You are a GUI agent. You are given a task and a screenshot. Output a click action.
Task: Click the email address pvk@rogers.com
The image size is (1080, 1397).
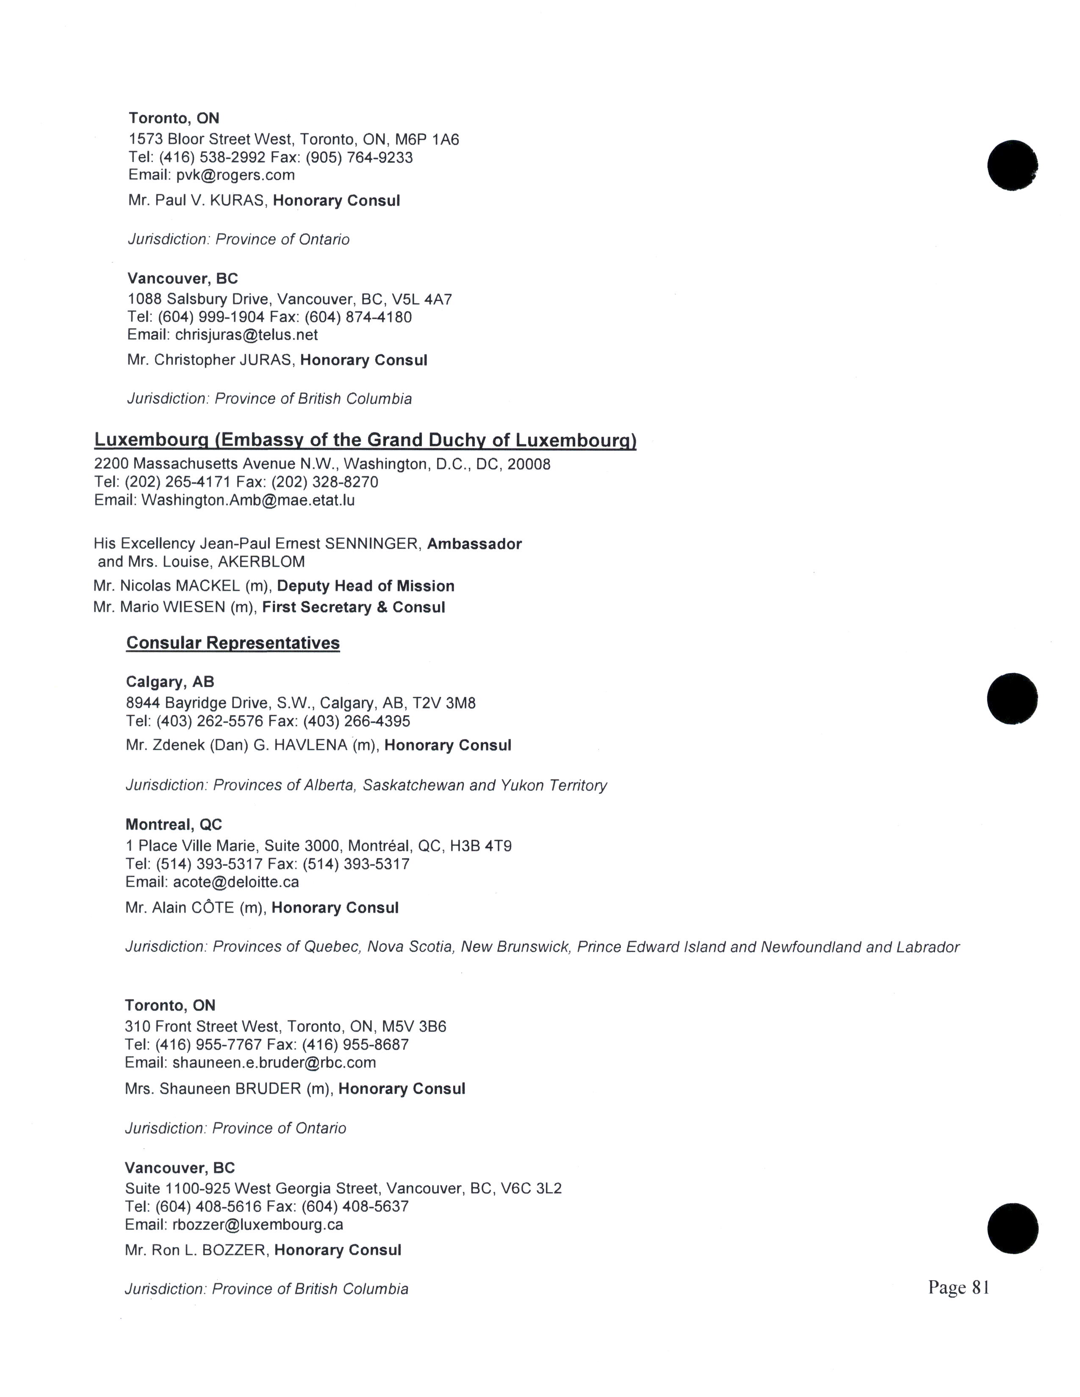tap(235, 175)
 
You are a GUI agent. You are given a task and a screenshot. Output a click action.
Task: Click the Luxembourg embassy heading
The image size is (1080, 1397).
tap(365, 440)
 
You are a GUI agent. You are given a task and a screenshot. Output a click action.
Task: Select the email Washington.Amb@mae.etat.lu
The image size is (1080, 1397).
tap(248, 500)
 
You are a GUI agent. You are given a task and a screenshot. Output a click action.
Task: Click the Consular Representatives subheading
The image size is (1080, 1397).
tap(233, 643)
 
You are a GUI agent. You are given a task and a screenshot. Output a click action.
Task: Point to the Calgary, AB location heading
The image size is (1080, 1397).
tap(169, 682)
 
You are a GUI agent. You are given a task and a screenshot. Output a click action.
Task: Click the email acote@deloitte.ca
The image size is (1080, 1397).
tap(236, 883)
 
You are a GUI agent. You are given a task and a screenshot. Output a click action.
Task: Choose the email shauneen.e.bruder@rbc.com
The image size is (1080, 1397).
tap(274, 1063)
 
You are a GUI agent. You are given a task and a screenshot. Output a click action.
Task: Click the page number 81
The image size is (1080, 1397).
tap(980, 1288)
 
